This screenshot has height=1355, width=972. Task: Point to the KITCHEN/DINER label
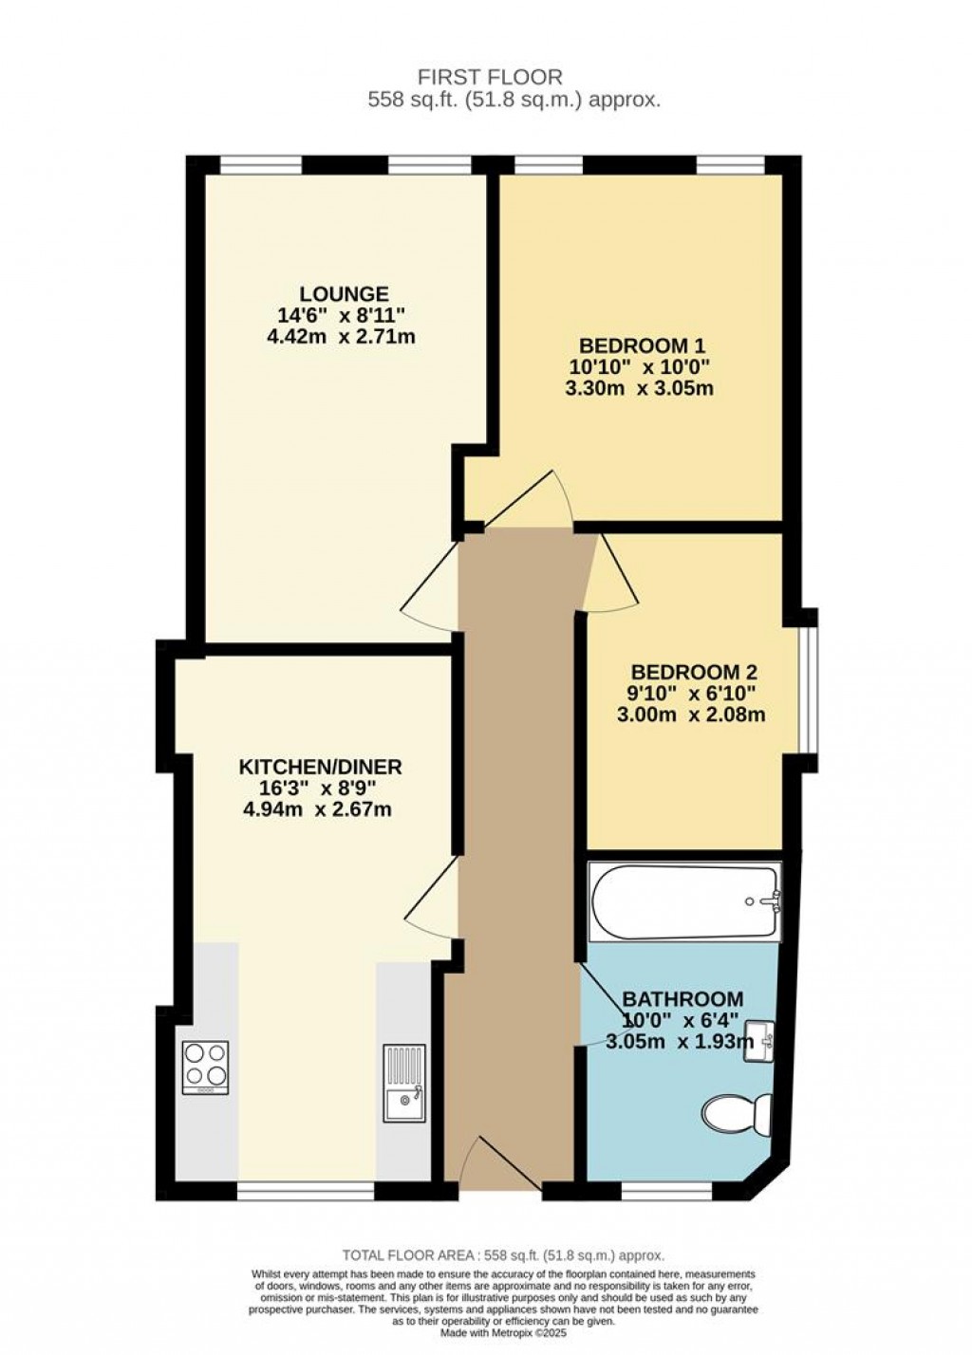pos(320,767)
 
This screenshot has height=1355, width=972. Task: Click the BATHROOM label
pos(682,999)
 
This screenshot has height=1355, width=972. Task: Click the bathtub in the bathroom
pos(684,901)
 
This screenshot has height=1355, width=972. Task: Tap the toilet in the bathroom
pos(737,1113)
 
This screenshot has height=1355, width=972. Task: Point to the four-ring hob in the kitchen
pos(205,1067)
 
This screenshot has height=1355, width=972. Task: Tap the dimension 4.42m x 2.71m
pos(344,336)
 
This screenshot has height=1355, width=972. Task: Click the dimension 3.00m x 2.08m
pos(690,715)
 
